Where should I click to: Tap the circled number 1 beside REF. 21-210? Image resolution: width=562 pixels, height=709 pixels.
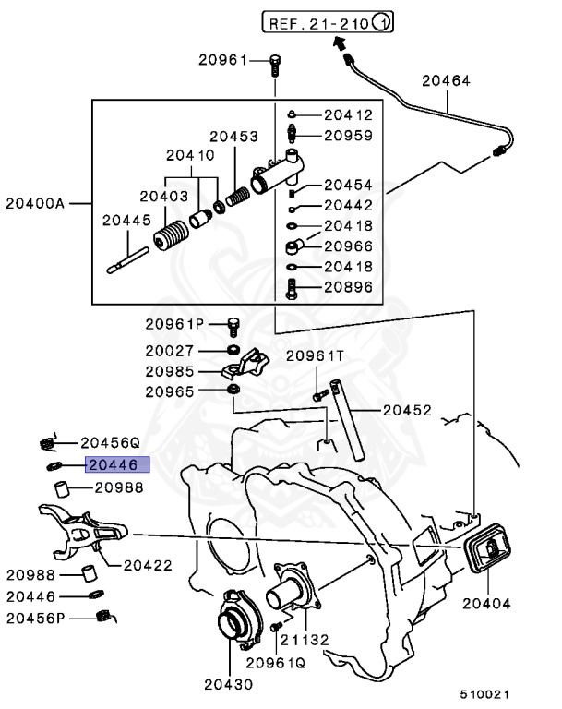coord(382,20)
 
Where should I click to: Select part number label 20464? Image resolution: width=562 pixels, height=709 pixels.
coord(446,81)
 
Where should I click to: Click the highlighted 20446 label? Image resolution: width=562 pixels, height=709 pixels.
coord(112,466)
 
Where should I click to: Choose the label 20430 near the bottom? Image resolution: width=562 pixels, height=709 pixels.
coord(227,684)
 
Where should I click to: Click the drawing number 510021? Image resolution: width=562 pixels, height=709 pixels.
coord(486,693)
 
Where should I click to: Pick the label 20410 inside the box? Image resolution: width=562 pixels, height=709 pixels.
coord(190,157)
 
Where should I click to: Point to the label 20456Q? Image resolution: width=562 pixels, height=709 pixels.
coord(109,441)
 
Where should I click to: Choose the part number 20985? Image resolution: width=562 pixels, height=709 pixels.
coord(169,371)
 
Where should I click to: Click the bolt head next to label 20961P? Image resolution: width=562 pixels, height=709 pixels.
coord(233,324)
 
